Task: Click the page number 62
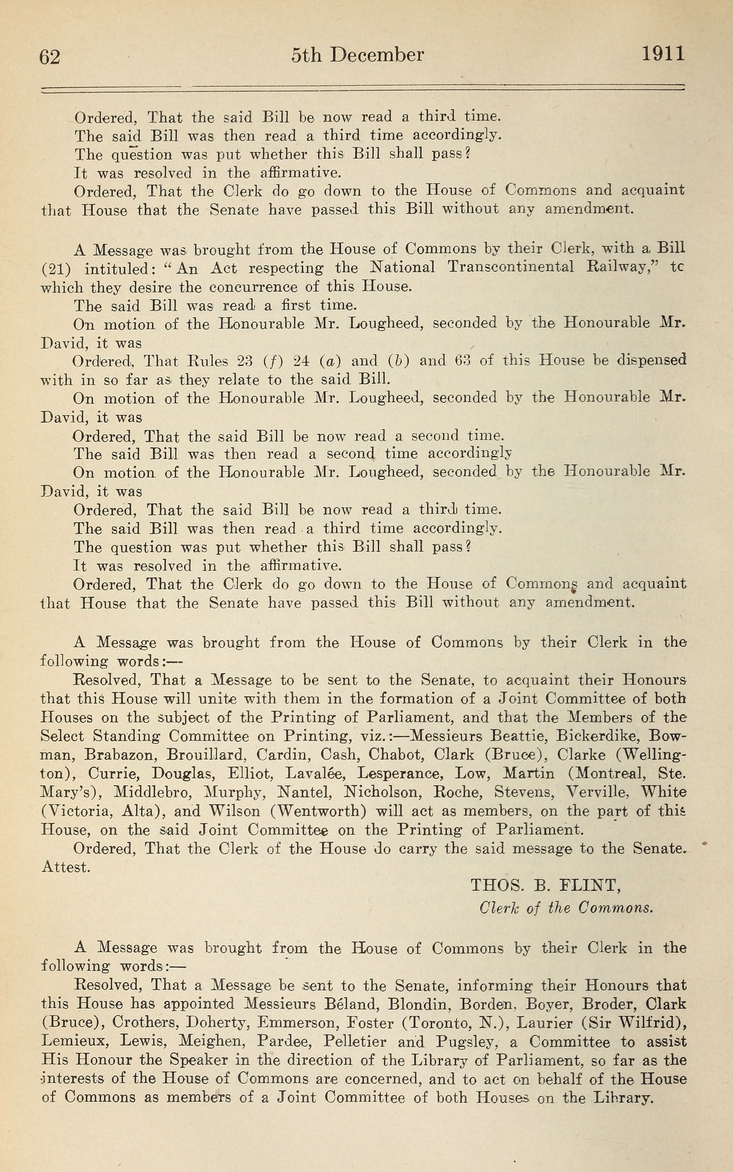tap(50, 57)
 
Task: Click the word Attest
tap(66, 867)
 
